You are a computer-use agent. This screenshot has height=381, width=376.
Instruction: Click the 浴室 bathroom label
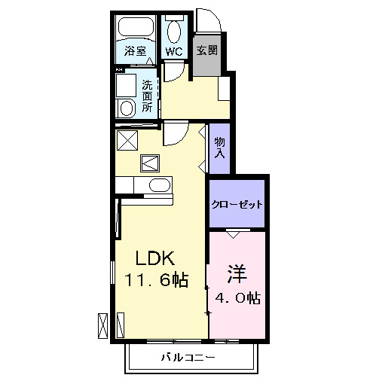136,52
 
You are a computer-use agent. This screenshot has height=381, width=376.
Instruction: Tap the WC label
174,52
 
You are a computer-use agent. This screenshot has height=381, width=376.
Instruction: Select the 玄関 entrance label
207,51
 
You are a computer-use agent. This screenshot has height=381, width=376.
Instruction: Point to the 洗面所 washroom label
147,96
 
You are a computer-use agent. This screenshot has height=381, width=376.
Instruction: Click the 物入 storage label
219,146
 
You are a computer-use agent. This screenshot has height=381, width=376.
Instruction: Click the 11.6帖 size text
157,281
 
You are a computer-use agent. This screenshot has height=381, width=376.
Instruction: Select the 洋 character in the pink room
236,272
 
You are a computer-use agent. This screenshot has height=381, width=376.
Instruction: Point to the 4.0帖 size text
236,298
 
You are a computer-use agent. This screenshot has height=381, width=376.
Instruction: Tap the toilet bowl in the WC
175,32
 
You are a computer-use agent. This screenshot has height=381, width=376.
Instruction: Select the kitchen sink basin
160,185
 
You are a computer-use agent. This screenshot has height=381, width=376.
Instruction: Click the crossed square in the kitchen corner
127,140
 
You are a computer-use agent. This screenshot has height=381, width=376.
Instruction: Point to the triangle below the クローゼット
234,234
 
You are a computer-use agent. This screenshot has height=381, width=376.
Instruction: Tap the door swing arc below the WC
173,73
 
